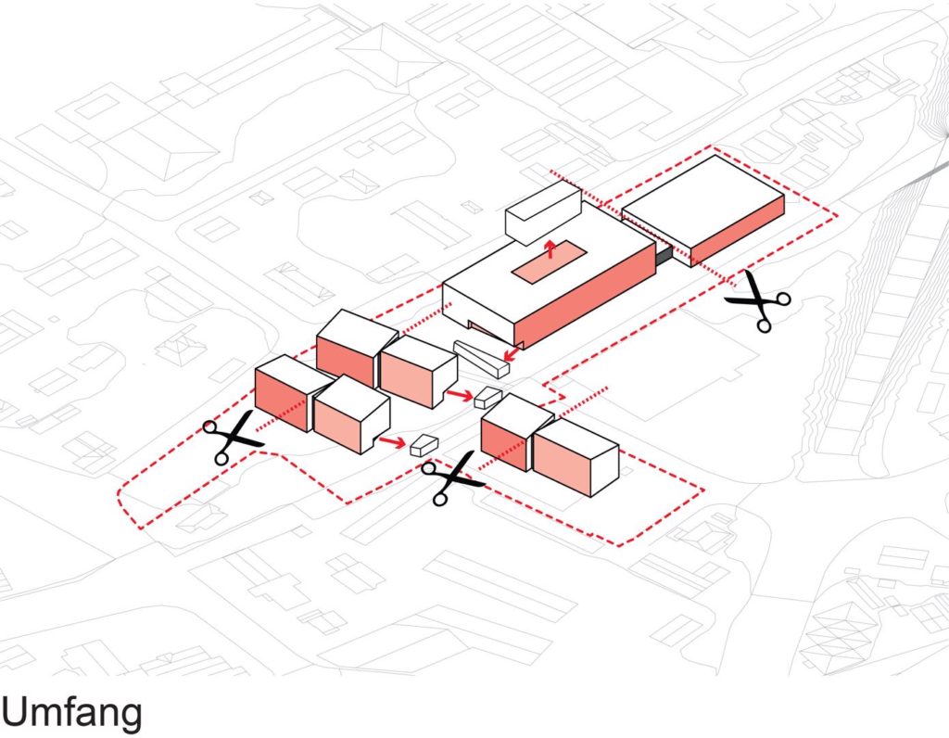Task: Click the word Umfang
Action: click(x=72, y=712)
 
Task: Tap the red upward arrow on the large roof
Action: click(x=550, y=248)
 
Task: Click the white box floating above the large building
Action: click(x=542, y=213)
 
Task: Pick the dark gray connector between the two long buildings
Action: click(x=664, y=252)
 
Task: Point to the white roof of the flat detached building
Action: click(x=702, y=200)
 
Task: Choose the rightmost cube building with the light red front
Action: click(x=575, y=458)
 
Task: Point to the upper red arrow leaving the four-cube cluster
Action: click(x=457, y=396)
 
